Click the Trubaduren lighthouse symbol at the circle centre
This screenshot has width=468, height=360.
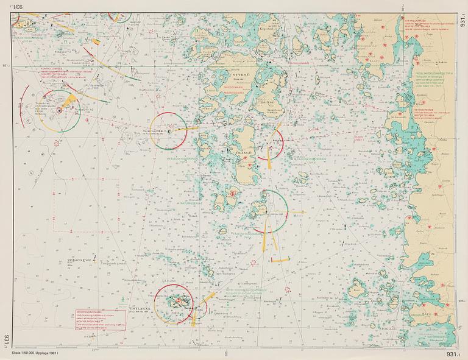click(x=60, y=111)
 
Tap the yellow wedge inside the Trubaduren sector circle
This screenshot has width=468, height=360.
click(x=71, y=101)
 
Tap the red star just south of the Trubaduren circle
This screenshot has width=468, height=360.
click(x=58, y=143)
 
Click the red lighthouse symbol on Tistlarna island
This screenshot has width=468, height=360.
click(x=179, y=300)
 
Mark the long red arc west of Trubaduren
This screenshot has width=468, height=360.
click(x=23, y=107)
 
